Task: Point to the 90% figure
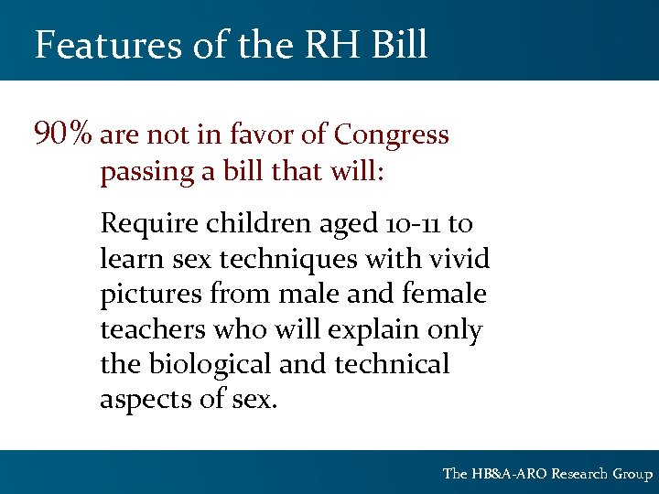click(62, 135)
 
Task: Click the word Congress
click(392, 136)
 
